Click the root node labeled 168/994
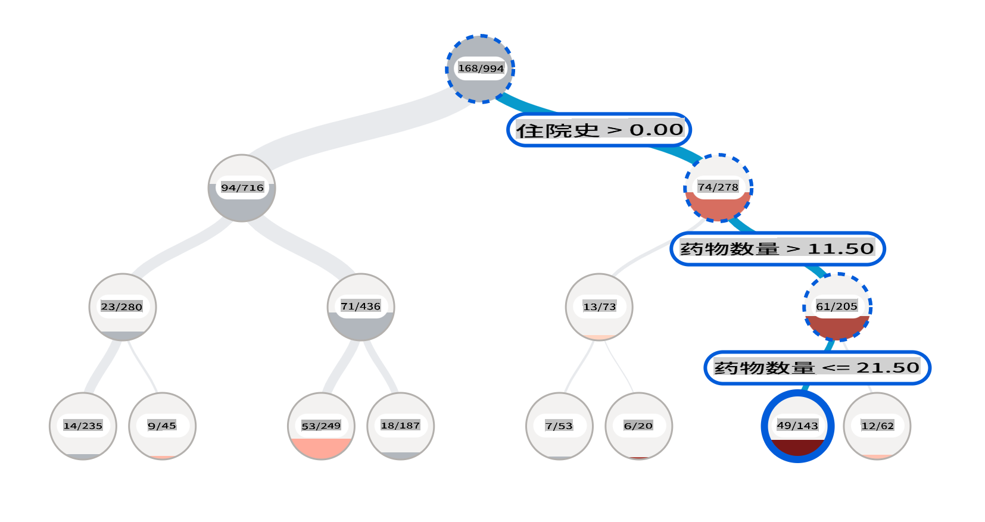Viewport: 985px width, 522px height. pyautogui.click(x=480, y=69)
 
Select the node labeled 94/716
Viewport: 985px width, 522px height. pyautogui.click(x=242, y=188)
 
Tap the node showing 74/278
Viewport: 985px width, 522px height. pyautogui.click(x=718, y=188)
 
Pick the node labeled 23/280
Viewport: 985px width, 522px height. pyautogui.click(x=123, y=307)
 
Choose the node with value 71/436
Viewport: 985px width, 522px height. pyautogui.click(x=361, y=307)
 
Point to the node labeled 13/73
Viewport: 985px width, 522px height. pyautogui.click(x=599, y=307)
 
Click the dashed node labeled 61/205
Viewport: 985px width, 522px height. pyautogui.click(x=837, y=307)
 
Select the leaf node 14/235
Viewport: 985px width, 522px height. pyautogui.click(x=83, y=426)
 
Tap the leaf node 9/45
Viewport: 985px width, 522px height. pyautogui.click(x=162, y=426)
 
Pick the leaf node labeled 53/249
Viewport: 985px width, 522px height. pyautogui.click(x=321, y=426)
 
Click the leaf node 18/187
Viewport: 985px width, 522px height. pyautogui.click(x=401, y=426)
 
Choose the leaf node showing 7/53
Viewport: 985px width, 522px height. pyautogui.click(x=559, y=426)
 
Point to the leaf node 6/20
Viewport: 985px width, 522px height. pyautogui.click(x=638, y=426)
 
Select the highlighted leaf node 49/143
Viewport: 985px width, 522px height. pyautogui.click(x=797, y=426)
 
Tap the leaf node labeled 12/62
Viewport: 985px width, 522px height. pyautogui.click(x=877, y=426)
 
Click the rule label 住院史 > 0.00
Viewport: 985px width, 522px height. pyautogui.click(x=599, y=130)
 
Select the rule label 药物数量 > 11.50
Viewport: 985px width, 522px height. pyautogui.click(x=778, y=249)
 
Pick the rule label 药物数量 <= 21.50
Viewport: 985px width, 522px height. pyautogui.click(x=817, y=368)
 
